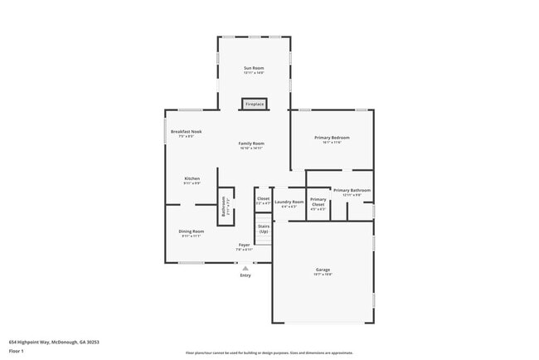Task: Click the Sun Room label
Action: (x=253, y=67)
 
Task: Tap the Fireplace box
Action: (x=254, y=104)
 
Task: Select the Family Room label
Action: (x=251, y=144)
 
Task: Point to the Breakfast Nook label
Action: (x=187, y=132)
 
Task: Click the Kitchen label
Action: (x=192, y=178)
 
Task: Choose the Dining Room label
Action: (x=192, y=231)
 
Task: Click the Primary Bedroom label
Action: (x=331, y=137)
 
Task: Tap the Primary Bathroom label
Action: (x=352, y=190)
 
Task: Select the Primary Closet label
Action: (x=318, y=202)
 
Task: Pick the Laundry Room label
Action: (x=289, y=202)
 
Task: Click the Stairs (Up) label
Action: (x=264, y=227)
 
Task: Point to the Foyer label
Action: (x=245, y=245)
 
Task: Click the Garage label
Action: (x=323, y=270)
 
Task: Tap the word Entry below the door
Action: (x=245, y=275)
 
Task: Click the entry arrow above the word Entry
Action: (x=245, y=267)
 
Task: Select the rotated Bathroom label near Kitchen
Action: (x=224, y=206)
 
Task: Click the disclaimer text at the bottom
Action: (x=269, y=353)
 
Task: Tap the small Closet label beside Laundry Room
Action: (x=263, y=199)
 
